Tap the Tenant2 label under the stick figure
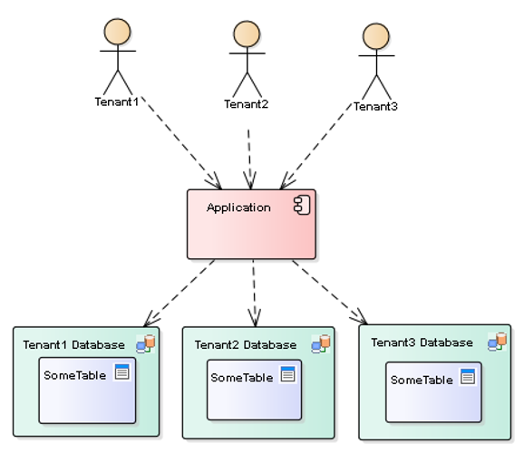pos(247,103)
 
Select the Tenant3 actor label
pos(375,106)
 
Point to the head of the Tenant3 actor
pos(375,36)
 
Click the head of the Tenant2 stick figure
pos(247,34)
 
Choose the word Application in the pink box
pos(238,207)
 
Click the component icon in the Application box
pos(302,207)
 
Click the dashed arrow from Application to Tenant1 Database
pos(180,293)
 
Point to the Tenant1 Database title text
pos(74,344)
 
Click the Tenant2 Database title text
pos(245,345)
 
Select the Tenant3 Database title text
pos(422,342)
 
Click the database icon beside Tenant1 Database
pos(145,343)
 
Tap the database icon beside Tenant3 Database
pos(497,342)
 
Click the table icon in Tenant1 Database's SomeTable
pos(122,372)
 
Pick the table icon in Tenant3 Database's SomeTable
pos(468,377)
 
